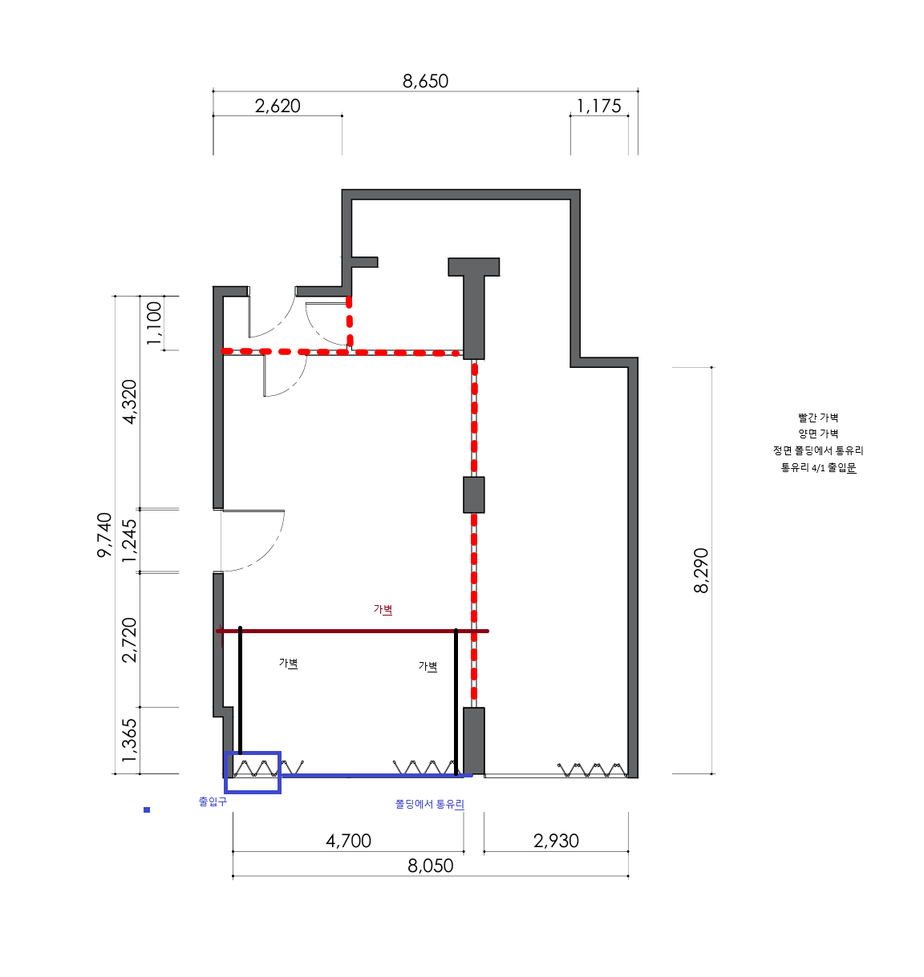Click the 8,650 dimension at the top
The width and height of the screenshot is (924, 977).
(x=426, y=81)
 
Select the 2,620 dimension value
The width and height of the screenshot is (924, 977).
(x=278, y=106)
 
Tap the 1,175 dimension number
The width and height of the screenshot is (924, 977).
(x=599, y=106)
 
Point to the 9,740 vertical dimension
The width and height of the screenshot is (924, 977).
(x=104, y=535)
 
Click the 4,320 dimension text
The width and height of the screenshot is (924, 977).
(x=129, y=402)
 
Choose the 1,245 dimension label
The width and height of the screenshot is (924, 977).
(x=129, y=541)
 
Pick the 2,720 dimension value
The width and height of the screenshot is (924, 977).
(x=129, y=640)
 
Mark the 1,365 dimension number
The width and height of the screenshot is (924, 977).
(x=129, y=741)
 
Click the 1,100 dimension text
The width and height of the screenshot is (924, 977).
(x=154, y=323)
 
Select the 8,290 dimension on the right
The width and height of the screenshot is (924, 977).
(x=701, y=571)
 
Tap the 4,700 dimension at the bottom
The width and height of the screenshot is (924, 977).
(x=348, y=841)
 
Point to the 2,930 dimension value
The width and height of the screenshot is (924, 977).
(x=556, y=841)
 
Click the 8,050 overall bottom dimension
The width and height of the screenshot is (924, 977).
(x=430, y=866)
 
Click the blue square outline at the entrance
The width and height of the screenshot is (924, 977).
(x=253, y=753)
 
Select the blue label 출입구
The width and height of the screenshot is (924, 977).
(x=213, y=801)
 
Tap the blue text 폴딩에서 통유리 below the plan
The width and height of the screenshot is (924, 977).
(x=430, y=805)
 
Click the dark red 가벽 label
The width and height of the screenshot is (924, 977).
(x=383, y=609)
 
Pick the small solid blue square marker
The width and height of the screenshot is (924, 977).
(x=147, y=809)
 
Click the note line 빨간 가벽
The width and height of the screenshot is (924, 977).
(x=818, y=418)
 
